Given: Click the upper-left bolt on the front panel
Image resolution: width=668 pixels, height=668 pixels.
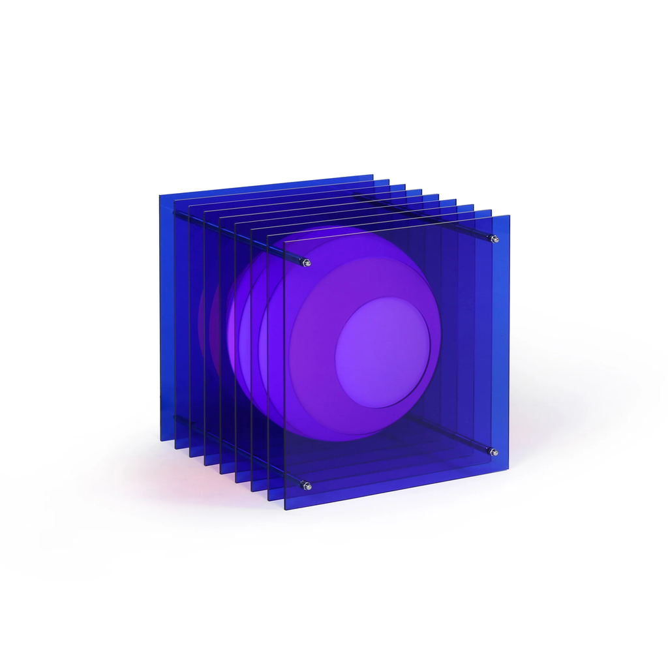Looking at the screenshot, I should [x=307, y=263].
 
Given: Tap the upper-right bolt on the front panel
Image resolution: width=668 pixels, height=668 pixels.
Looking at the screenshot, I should [x=495, y=239].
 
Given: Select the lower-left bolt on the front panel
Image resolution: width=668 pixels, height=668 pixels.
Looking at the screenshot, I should [x=307, y=485].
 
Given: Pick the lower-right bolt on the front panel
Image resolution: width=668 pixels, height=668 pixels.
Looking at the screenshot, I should [x=494, y=452].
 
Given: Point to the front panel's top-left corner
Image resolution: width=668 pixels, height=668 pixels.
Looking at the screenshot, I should [x=285, y=243].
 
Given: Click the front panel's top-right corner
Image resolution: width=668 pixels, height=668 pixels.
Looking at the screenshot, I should [x=509, y=215].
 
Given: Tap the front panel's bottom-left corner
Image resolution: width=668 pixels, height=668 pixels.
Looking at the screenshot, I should [x=285, y=509].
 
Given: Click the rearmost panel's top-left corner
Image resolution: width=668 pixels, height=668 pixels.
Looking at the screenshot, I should [x=160, y=194].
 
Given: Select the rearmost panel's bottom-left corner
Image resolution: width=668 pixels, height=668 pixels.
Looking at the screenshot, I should [x=160, y=440].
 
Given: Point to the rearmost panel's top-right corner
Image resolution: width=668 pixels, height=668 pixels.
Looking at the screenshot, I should [x=372, y=175].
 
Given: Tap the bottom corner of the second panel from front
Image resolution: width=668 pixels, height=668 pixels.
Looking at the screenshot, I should [x=269, y=500].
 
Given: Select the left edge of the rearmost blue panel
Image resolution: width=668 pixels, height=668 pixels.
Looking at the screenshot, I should [x=161, y=320].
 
